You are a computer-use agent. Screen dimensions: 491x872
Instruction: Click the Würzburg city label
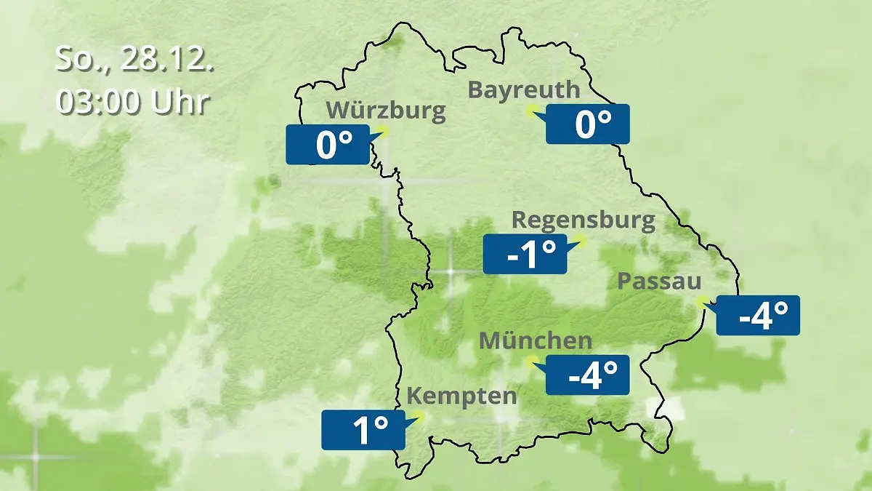[x=385, y=111]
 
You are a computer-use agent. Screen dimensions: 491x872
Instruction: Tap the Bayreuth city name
[x=524, y=89]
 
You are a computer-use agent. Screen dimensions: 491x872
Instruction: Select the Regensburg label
[x=584, y=220]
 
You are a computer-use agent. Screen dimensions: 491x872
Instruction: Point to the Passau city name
[x=660, y=282]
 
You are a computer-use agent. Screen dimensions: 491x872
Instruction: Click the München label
[x=536, y=340]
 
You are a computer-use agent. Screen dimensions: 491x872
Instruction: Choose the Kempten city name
[x=461, y=396]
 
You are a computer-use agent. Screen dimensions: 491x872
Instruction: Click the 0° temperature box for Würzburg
[x=328, y=145]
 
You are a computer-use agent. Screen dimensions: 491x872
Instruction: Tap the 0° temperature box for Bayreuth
[x=587, y=124]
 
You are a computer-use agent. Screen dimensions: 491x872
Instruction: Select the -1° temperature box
[x=525, y=255]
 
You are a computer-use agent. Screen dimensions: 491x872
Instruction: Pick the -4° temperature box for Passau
[x=758, y=316]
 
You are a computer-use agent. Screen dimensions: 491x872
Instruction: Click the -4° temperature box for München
[x=587, y=375]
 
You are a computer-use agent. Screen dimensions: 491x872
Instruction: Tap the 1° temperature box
[x=363, y=430]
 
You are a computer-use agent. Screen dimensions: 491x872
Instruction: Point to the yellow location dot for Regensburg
[x=580, y=240]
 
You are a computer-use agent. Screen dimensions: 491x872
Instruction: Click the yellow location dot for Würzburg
[x=383, y=132]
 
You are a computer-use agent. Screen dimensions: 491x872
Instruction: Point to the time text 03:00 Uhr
[x=133, y=102]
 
